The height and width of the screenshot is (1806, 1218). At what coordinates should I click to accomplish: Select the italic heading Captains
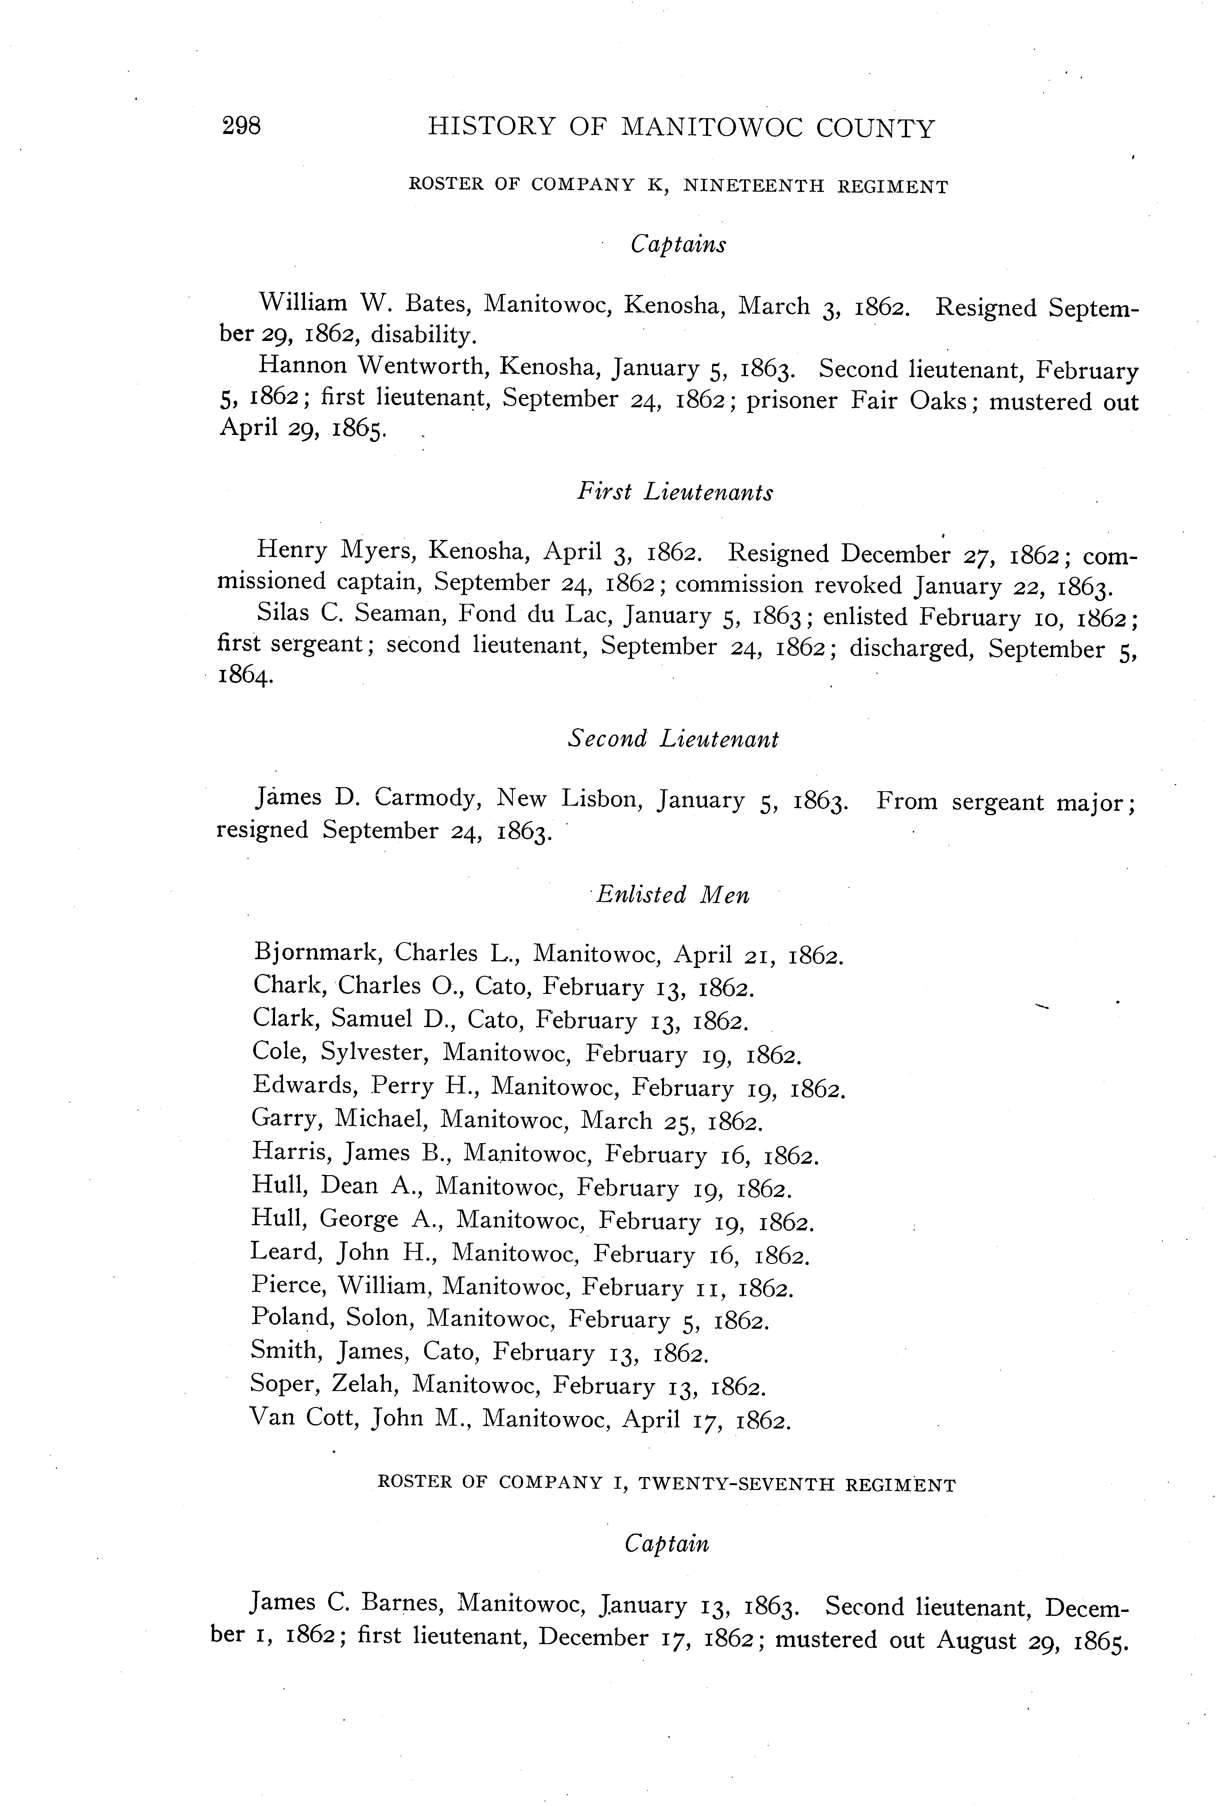coord(678,245)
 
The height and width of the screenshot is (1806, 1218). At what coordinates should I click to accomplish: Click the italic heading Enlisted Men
coord(673,895)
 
